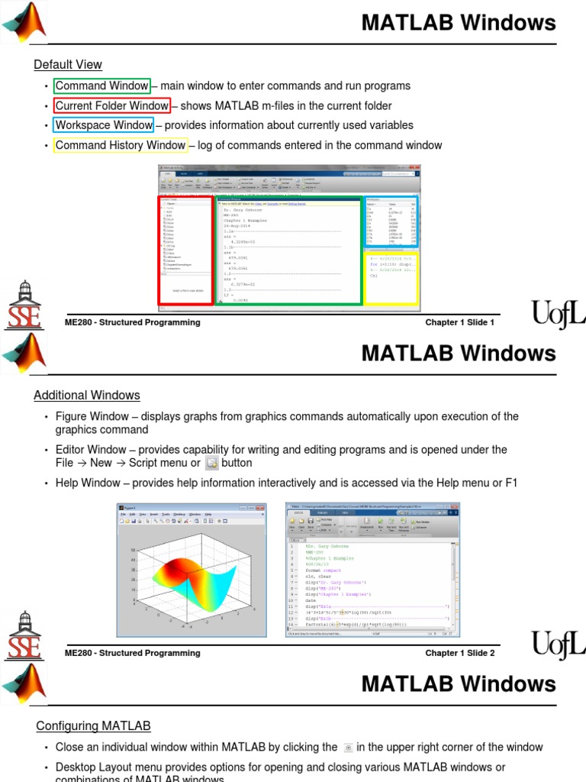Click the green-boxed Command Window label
click(102, 86)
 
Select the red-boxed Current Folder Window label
click(112, 106)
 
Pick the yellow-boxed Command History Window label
click(121, 145)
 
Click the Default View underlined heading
click(68, 65)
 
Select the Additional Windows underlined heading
click(87, 396)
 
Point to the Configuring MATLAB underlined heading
click(94, 726)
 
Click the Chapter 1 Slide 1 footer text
click(459, 322)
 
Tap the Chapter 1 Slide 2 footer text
click(459, 653)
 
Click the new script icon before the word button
click(212, 463)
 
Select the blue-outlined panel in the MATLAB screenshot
click(391, 222)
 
